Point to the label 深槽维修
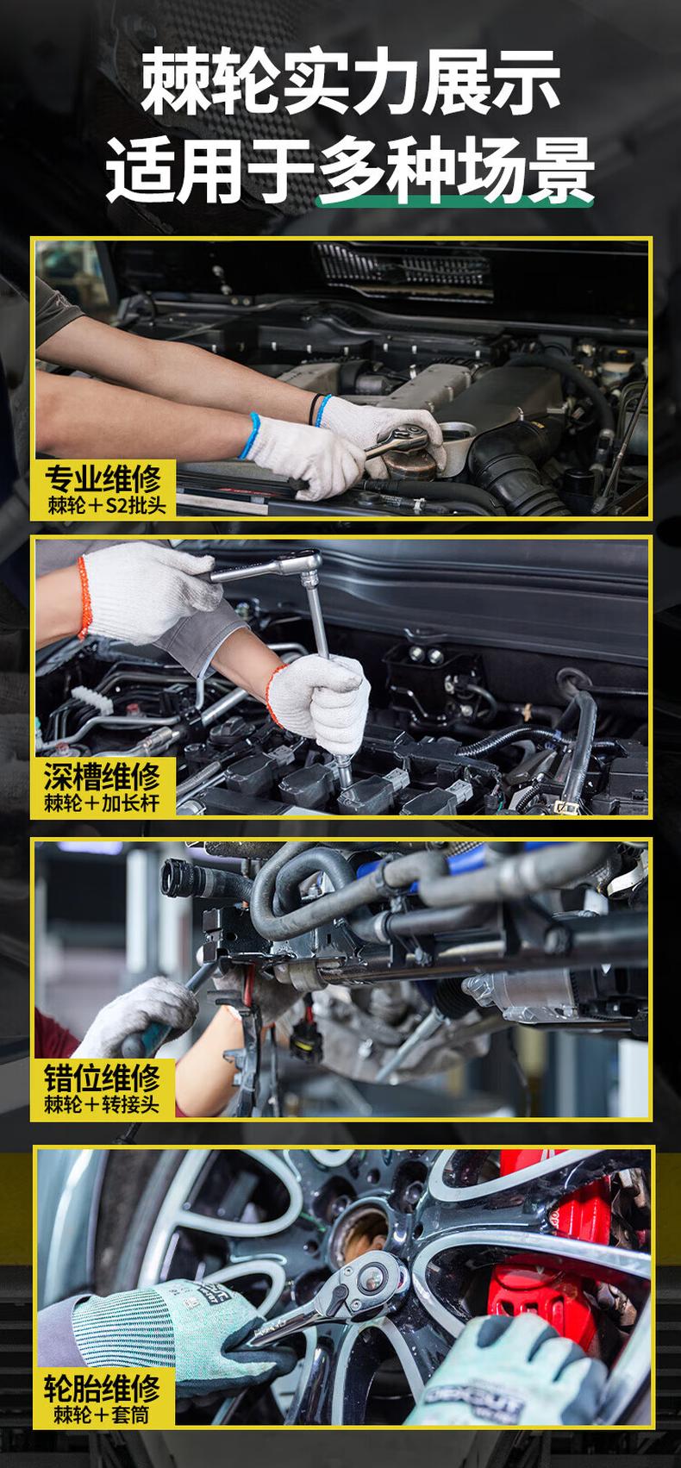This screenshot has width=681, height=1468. [x=103, y=777]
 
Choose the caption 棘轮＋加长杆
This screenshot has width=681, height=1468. [x=102, y=803]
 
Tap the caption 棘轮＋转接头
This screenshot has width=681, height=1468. [x=102, y=1104]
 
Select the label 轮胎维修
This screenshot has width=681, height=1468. [x=103, y=1388]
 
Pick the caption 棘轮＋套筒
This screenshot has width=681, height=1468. [x=102, y=1415]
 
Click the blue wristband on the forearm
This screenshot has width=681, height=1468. [x=250, y=435]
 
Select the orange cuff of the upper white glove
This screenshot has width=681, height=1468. [x=84, y=597]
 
